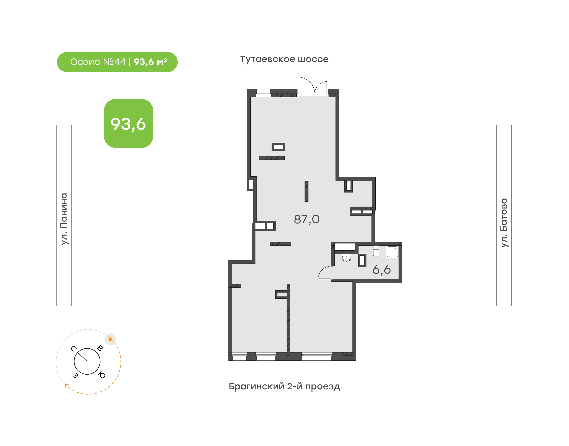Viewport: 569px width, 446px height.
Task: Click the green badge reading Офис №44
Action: coord(117,62)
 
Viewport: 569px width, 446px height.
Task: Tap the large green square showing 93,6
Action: coord(128,123)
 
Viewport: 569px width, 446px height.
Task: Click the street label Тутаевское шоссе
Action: coord(284,59)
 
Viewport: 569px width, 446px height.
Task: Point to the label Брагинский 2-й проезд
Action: coord(284,386)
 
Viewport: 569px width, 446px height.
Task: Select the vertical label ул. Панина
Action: coord(64,219)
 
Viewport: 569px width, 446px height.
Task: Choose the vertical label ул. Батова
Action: coord(504,223)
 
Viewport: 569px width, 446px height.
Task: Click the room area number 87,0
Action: coord(307,219)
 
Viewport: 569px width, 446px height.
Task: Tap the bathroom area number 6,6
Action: coord(382,270)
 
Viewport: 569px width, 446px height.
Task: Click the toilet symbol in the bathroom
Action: coord(376,251)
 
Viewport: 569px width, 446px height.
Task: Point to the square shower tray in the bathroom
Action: coord(392,252)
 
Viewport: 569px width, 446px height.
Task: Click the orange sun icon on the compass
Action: coord(110,339)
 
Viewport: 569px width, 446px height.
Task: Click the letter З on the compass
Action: coord(75,375)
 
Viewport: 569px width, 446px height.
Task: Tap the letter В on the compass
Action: coord(100,348)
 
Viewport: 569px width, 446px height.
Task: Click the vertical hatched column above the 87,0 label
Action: coord(307,191)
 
